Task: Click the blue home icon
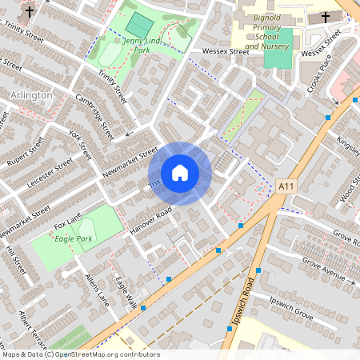pos(180,173)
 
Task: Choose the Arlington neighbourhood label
pos(32,95)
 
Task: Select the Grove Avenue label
pos(323,272)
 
